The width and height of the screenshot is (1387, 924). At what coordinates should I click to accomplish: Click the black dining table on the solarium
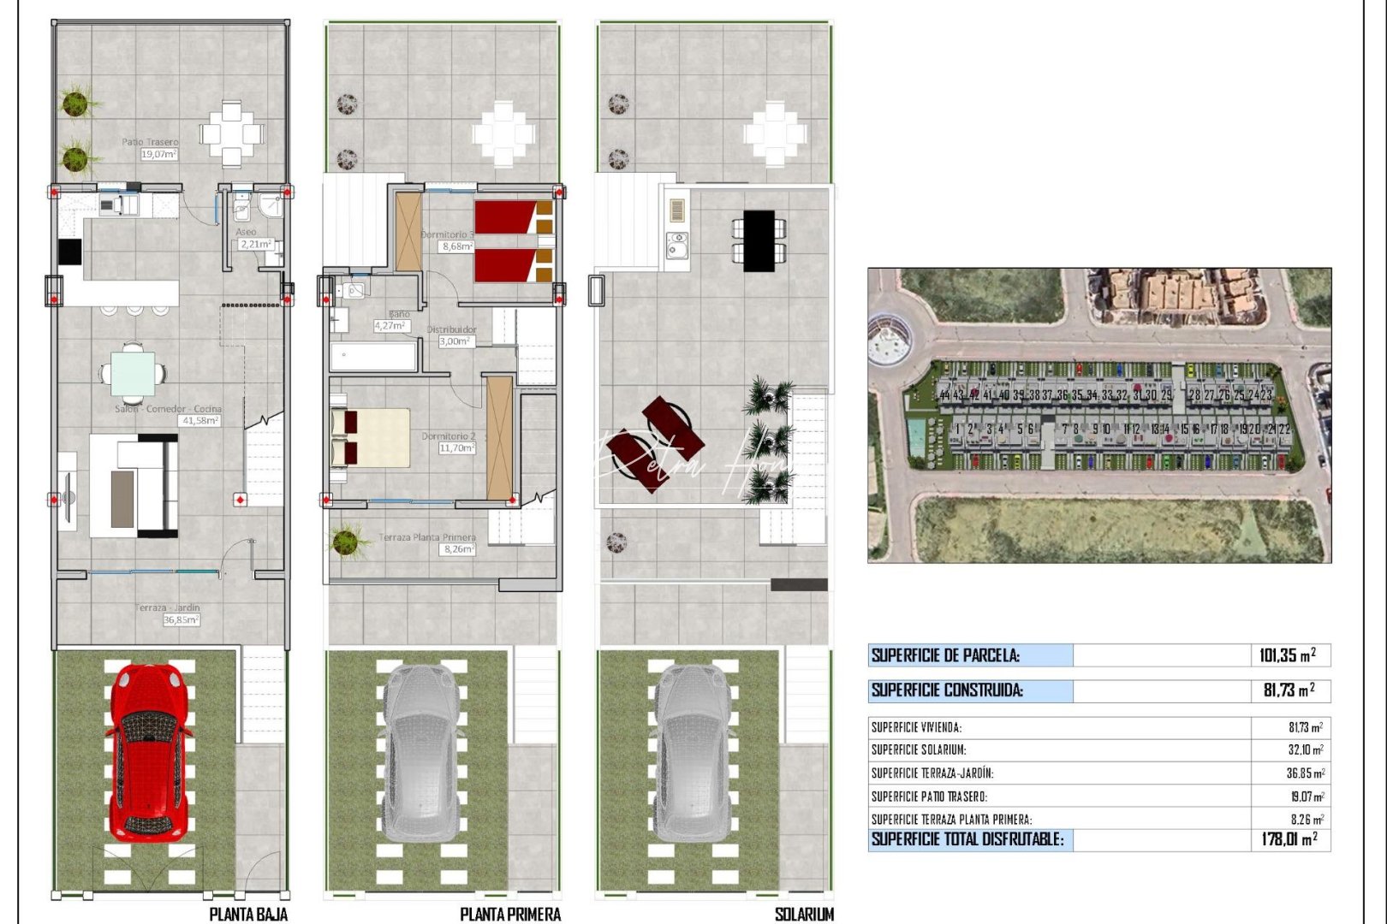click(759, 240)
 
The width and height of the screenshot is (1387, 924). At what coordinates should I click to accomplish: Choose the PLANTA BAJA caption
click(248, 914)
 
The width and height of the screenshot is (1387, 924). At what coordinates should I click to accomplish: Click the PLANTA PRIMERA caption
click(510, 914)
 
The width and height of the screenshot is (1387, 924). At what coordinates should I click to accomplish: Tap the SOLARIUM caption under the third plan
click(804, 914)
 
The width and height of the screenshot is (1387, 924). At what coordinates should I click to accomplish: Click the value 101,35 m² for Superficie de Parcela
click(1287, 656)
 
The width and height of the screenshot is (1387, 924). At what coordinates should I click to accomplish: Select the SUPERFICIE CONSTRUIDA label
click(947, 690)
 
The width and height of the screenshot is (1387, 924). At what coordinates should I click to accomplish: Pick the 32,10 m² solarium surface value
click(1306, 749)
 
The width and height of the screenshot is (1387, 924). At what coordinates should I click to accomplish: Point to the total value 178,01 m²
click(1289, 839)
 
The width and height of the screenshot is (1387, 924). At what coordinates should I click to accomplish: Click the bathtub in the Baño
click(373, 356)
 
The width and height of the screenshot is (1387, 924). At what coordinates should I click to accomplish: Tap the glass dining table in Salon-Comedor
click(134, 374)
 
